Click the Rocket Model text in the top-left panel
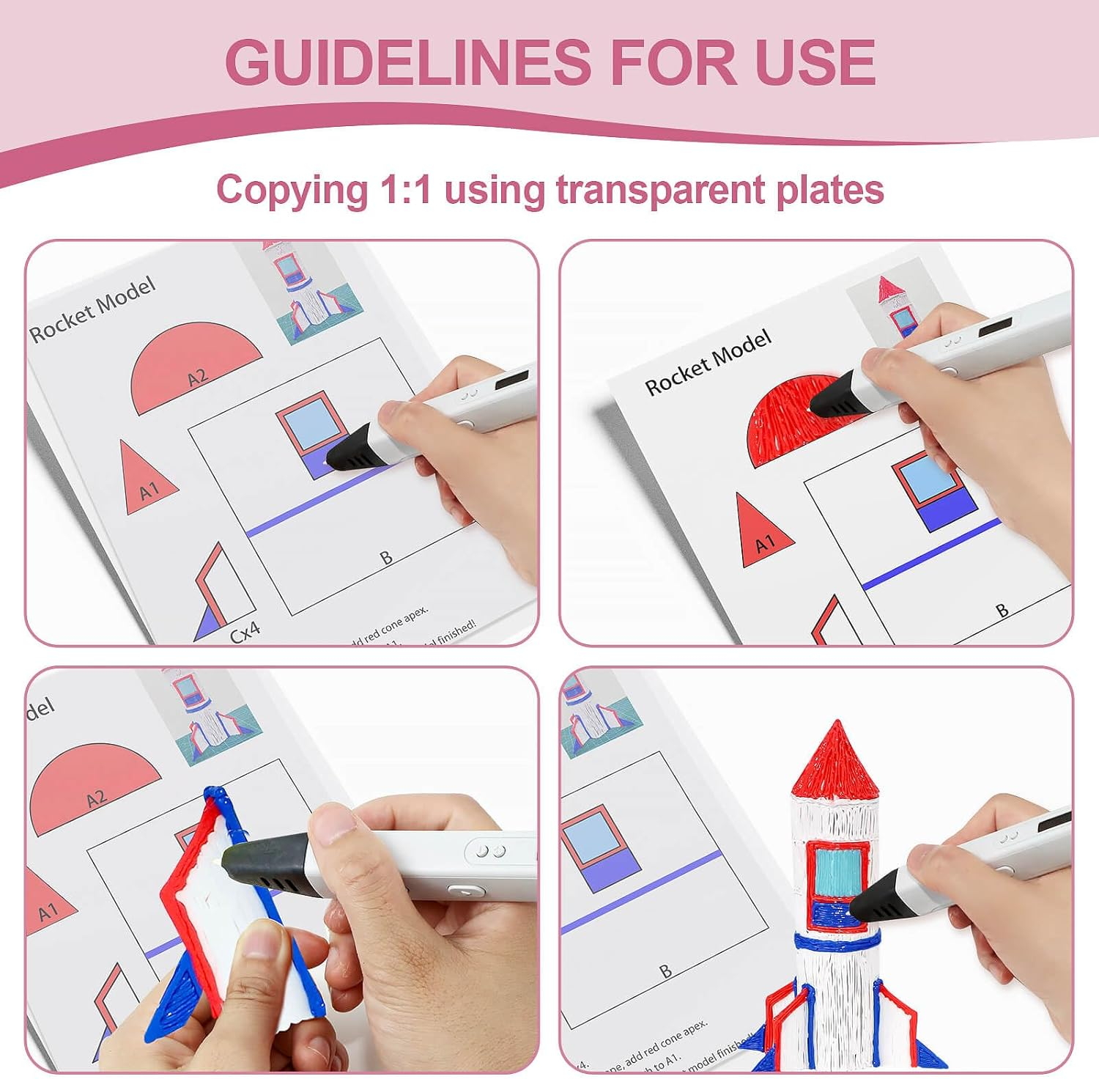pos(92,309)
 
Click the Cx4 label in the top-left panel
pos(245,631)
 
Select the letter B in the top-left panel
pos(386,558)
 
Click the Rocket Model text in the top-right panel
pos(708,362)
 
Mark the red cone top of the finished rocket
pos(836,762)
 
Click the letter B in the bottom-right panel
pos(665,971)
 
